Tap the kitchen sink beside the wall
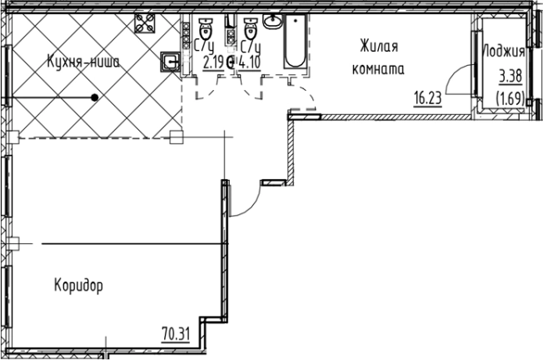pyautogui.click(x=170, y=61)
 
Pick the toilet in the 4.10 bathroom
pyautogui.click(x=248, y=24)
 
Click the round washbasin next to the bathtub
pyautogui.click(x=271, y=21)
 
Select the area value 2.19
pyautogui.click(x=212, y=61)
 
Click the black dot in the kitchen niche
pyautogui.click(x=95, y=98)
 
